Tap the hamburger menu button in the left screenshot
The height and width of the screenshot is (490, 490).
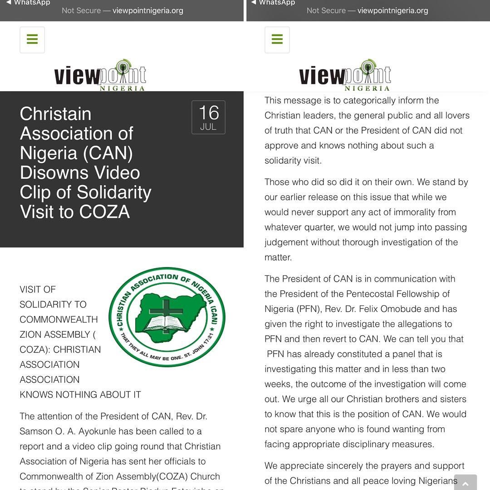click(x=32, y=39)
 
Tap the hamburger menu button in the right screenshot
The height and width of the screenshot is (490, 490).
click(x=277, y=39)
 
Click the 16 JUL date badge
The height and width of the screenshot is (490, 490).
click(x=208, y=118)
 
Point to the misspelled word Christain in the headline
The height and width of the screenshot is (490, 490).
click(x=55, y=114)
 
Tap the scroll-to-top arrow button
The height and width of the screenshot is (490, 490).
click(x=465, y=483)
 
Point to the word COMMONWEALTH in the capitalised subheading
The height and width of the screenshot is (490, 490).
click(x=59, y=319)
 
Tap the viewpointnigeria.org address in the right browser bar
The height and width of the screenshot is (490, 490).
click(x=392, y=10)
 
